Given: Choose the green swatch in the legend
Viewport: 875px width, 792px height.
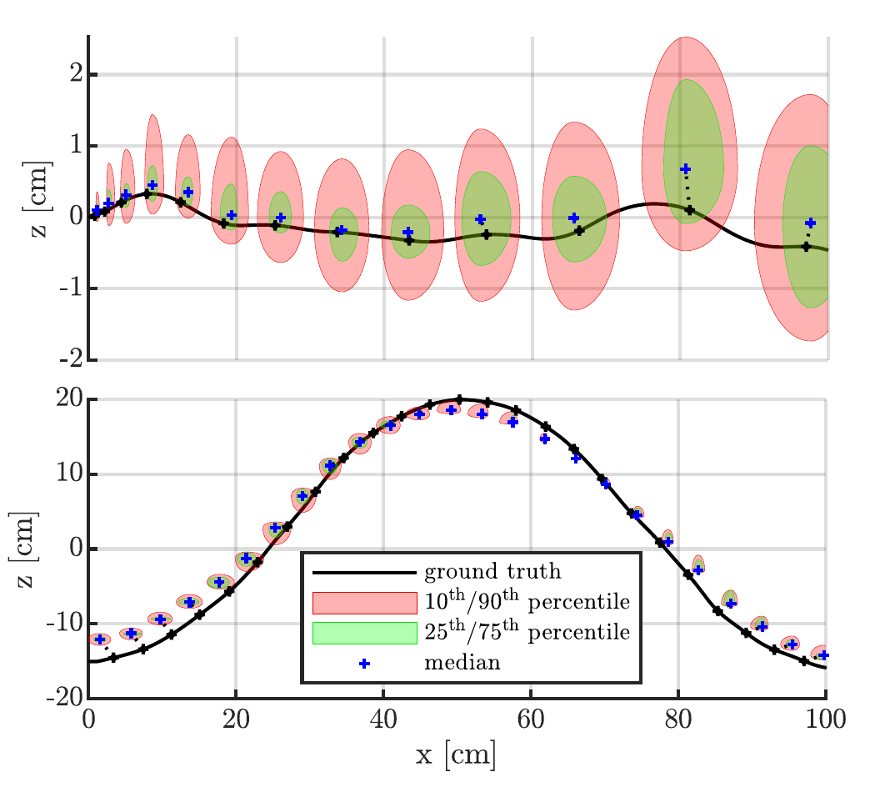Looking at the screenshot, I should pyautogui.click(x=364, y=633).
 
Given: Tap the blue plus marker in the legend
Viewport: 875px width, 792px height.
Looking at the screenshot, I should pyautogui.click(x=364, y=664).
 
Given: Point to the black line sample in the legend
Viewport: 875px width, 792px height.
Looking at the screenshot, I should pyautogui.click(x=364, y=573).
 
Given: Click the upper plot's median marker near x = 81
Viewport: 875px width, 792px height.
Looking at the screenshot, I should pyautogui.click(x=686, y=169).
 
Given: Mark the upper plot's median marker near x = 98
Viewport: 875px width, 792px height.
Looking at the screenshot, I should pyautogui.click(x=810, y=223).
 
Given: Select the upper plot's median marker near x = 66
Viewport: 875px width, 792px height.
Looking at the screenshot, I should pyautogui.click(x=573, y=218).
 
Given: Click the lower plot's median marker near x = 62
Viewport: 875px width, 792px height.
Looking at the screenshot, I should pyautogui.click(x=545, y=439).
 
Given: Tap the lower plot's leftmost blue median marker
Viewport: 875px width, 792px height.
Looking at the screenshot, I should pyautogui.click(x=100, y=639).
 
